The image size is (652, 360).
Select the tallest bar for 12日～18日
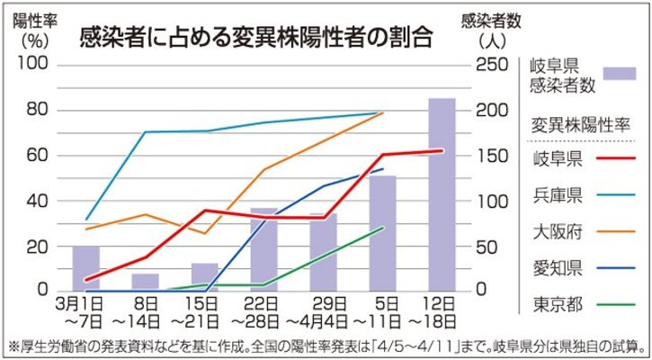coord(442,193)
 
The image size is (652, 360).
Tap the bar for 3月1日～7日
coord(85,267)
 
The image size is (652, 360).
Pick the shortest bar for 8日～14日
coord(145,281)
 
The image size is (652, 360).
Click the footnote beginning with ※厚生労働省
coord(326,346)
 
